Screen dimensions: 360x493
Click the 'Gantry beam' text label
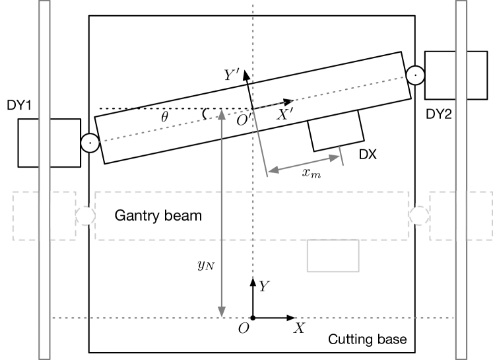click(x=158, y=215)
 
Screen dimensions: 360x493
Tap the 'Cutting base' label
click(x=368, y=340)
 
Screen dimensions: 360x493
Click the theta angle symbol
click(x=165, y=118)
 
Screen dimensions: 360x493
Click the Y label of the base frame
click(x=264, y=287)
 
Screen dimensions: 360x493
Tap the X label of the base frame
click(x=299, y=328)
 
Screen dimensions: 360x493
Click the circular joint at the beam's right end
click(x=415, y=75)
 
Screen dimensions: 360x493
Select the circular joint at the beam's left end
click(x=89, y=142)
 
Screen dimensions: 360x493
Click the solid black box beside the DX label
click(x=337, y=131)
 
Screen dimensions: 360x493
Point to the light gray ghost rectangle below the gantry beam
click(x=333, y=256)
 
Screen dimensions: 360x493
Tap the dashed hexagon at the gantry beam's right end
click(x=419, y=215)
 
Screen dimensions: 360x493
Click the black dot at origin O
click(x=253, y=318)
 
